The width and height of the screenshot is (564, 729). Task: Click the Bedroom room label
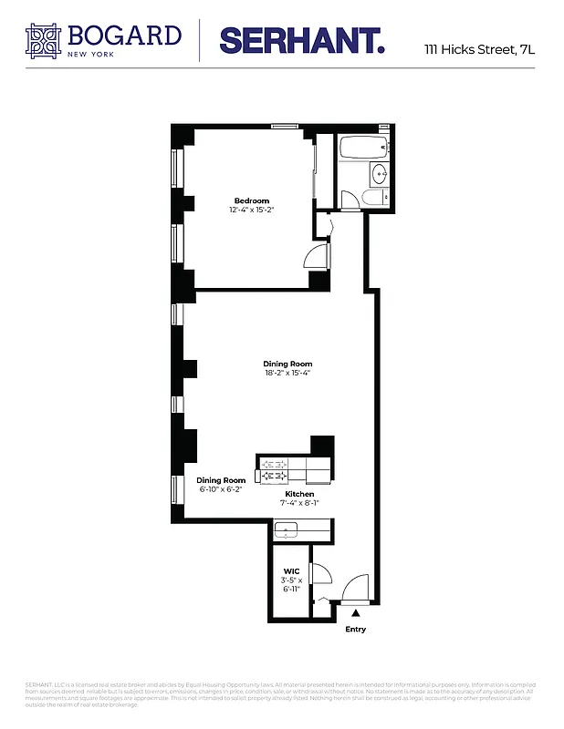(x=252, y=200)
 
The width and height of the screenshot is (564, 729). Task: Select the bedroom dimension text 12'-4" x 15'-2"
(x=252, y=210)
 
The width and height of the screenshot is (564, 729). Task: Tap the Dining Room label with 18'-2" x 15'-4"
(x=288, y=364)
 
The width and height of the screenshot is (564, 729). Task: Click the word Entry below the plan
(x=356, y=629)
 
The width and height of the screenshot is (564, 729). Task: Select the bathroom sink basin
(x=381, y=174)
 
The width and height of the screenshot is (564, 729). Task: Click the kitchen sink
(x=286, y=529)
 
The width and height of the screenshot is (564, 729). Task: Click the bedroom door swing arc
(x=313, y=255)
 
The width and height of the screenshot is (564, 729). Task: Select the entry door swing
(x=357, y=588)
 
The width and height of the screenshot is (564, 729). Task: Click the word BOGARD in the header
(x=122, y=36)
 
